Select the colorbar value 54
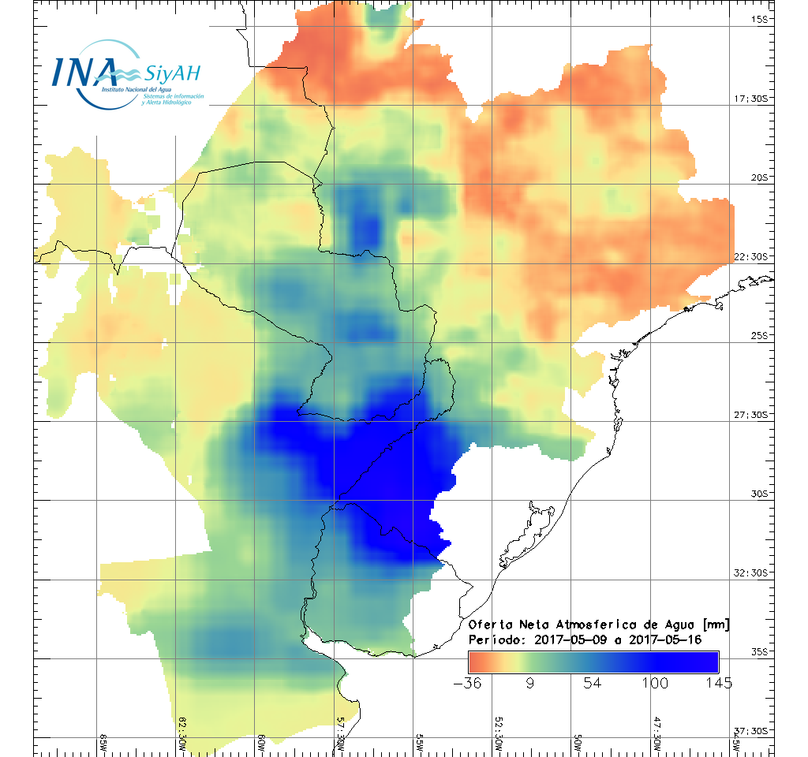(x=593, y=682)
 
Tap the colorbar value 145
(x=719, y=682)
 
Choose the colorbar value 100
(x=656, y=682)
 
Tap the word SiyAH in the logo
(x=172, y=73)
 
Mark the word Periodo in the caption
(x=496, y=639)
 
